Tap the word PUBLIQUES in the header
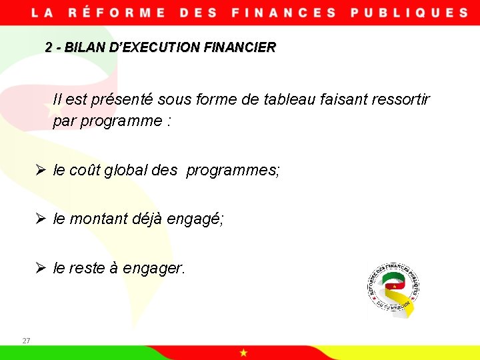[409, 13]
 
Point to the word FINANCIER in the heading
[243, 48]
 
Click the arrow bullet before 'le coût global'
[40, 170]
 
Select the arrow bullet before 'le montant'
[40, 219]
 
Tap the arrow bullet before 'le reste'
[40, 268]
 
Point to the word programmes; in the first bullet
[233, 170]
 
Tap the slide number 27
[26, 341]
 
